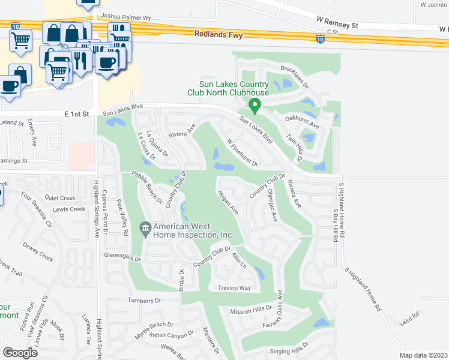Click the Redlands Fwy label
(x=218, y=35)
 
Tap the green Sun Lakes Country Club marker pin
(x=255, y=106)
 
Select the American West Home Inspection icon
(x=145, y=229)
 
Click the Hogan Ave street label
(x=229, y=203)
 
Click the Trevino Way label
(x=234, y=288)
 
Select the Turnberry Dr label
(x=145, y=301)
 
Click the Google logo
(x=21, y=352)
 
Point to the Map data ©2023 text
(x=423, y=355)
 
